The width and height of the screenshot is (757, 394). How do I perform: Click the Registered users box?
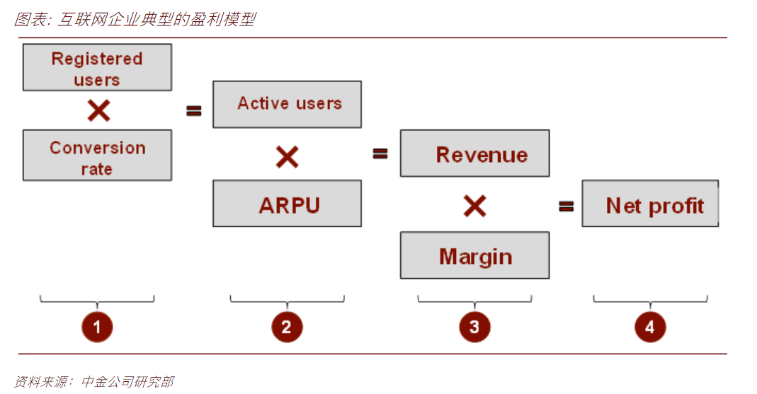coord(97,67)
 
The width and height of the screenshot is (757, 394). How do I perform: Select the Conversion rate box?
coord(97,156)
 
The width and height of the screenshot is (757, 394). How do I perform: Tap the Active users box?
coord(288,104)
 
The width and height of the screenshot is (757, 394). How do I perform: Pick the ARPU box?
coord(288,204)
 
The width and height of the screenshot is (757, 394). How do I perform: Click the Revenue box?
coord(474,153)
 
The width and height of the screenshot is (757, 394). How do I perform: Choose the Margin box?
coord(474,255)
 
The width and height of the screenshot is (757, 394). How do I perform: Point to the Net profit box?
coord(650,204)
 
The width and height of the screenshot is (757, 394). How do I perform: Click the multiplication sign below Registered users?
coord(99,110)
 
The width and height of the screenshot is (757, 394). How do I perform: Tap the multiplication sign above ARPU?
coord(288,157)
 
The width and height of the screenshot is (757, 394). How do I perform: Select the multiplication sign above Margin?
coord(475,206)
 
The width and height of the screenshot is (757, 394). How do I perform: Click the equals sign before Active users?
coord(194,111)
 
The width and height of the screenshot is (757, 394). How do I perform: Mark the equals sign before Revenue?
coord(380,153)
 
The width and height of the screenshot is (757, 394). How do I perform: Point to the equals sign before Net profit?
coord(567,207)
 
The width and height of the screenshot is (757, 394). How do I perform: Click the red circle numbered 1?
coord(97,327)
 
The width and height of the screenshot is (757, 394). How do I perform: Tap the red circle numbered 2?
coord(287,327)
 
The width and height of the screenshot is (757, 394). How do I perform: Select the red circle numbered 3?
coord(474,327)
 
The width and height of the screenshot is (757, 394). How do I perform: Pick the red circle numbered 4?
coord(650,327)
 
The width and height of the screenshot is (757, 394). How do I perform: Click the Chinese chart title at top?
coord(135,19)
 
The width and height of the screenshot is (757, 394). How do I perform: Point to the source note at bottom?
coord(94,381)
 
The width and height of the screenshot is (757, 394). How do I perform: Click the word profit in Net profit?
coord(676,207)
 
